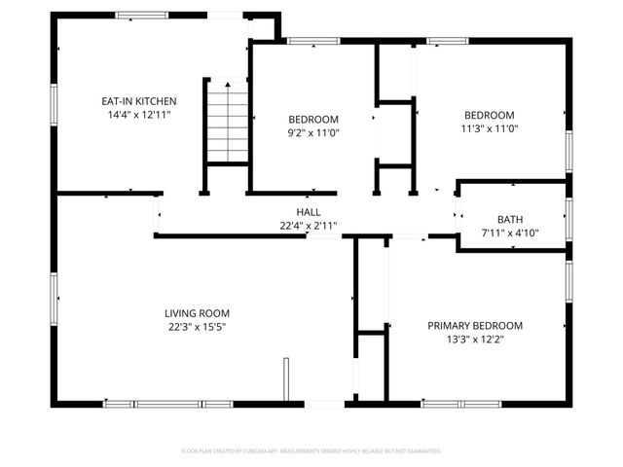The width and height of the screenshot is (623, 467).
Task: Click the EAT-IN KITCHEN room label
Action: pos(139,100)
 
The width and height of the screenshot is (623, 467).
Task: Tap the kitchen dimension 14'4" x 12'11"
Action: pos(139,115)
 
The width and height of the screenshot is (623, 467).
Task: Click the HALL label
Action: pos(309,211)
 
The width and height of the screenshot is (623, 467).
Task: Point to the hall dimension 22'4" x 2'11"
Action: pos(309,226)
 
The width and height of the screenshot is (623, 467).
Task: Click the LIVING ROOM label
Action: pos(197,312)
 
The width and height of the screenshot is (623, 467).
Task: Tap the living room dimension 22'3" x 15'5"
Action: pos(197,327)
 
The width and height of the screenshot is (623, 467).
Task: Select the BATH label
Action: pos(510,219)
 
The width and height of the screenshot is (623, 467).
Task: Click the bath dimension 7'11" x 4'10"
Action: pos(510,233)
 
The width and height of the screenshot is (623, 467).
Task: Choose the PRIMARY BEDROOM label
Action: pos(475,325)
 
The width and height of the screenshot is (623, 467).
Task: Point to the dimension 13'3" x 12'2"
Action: pos(475,339)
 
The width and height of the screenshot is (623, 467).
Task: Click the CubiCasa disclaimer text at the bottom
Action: pos(311,451)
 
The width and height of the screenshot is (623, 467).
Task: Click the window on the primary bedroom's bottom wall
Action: pos(455,403)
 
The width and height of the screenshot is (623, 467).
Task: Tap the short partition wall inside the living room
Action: pos(286,379)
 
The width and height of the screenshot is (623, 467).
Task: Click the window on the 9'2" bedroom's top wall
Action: pos(313,41)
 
